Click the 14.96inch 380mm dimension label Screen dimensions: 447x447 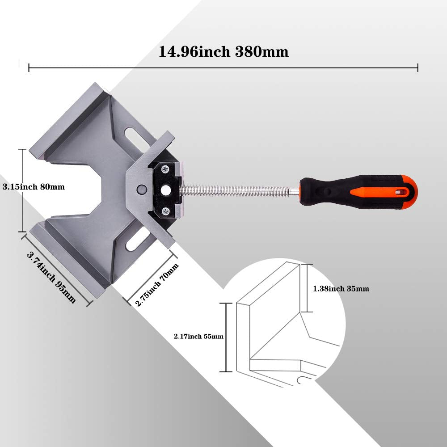pos(223,52)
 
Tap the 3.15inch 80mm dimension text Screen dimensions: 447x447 pos(33,187)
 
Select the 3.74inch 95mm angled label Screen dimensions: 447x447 pos(51,278)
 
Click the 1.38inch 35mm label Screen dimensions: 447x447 pos(341,289)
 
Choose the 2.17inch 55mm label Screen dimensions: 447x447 pos(199,337)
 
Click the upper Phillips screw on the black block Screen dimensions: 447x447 pos(166,169)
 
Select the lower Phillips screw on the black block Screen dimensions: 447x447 pos(166,211)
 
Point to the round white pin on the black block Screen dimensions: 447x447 pos(166,190)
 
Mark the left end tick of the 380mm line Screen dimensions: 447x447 pos(29,67)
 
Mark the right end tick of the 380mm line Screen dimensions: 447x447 pos(417,67)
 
